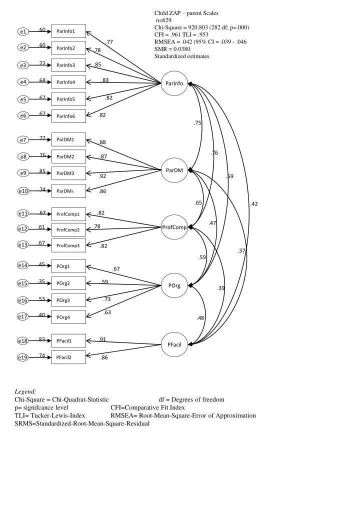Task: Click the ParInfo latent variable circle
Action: point(174,83)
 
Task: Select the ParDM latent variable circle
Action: point(174,170)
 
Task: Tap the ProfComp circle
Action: point(174,227)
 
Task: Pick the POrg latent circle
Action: point(174,285)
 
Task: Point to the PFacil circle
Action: point(174,344)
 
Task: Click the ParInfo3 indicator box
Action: point(68,65)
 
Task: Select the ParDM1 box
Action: point(68,139)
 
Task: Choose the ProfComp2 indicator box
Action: point(68,230)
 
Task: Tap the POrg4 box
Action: point(68,317)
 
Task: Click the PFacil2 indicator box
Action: point(68,357)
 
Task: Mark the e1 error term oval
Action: point(23,31)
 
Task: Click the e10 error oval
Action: point(23,191)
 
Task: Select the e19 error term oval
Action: point(23,357)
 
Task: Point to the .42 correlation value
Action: point(254,204)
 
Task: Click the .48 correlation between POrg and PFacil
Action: point(200,318)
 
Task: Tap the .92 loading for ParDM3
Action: point(102,176)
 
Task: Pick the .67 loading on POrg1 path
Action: point(115,269)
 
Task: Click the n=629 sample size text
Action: point(164,20)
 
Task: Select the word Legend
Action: point(25,391)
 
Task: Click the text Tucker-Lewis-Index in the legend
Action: point(57,415)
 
